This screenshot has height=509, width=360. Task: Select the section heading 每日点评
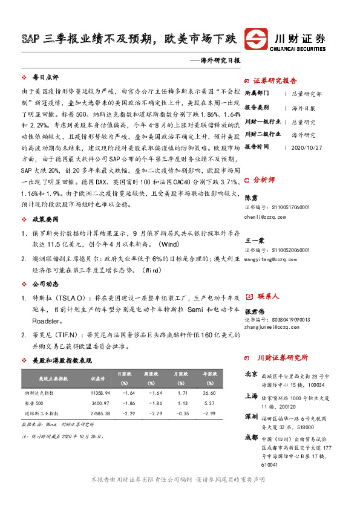45,77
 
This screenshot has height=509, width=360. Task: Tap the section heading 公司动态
45,282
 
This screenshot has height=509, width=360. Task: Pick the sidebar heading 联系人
267,296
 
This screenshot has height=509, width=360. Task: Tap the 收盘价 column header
98,378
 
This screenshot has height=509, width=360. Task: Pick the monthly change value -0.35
180,413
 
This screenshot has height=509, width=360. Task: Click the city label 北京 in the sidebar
251,374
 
